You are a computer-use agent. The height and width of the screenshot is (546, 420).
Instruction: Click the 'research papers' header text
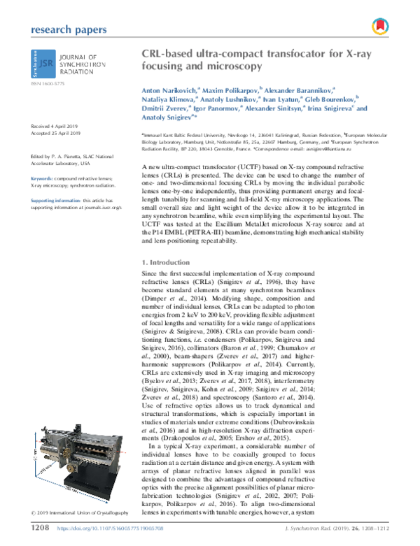pos(69,29)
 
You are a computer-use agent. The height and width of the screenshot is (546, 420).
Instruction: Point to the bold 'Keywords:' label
pos(43,179)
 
